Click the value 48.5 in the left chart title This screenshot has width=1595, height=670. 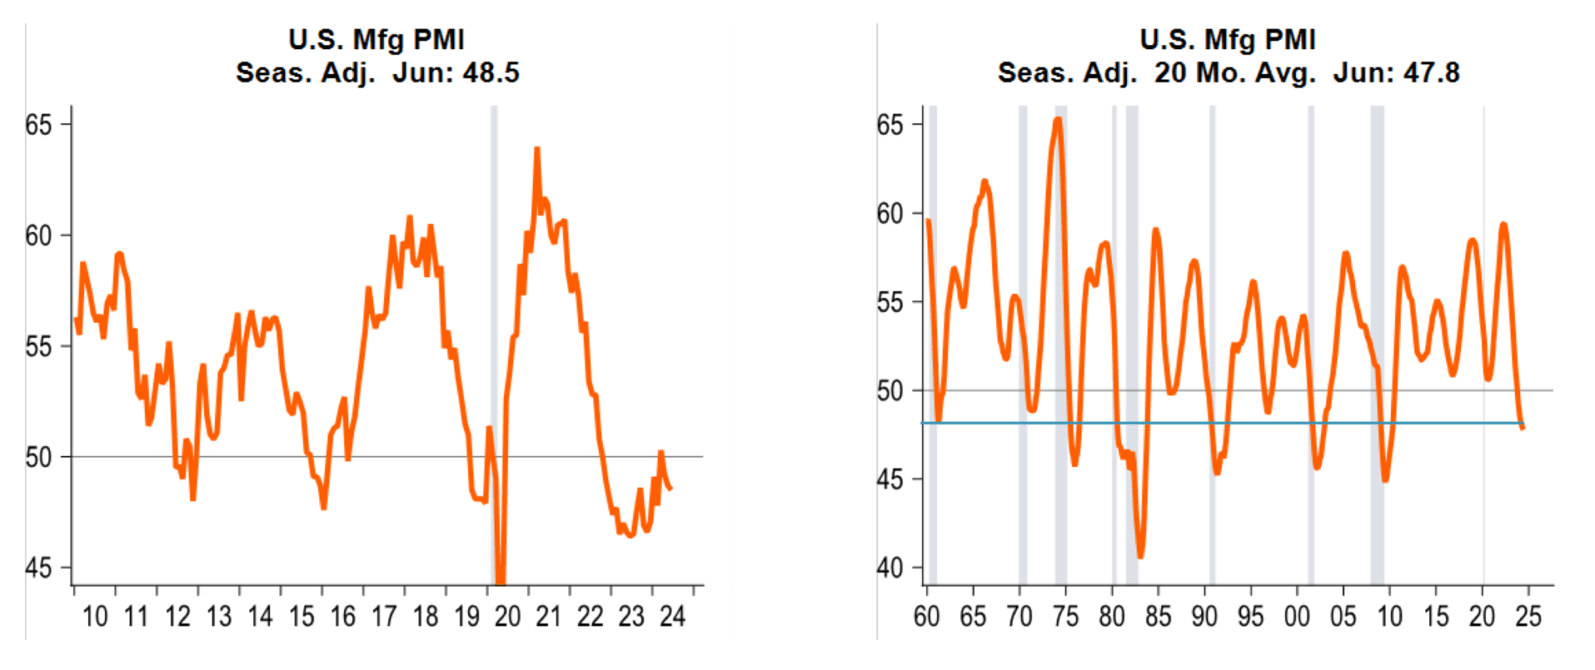pos(491,73)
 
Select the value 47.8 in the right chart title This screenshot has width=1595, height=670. pos(1431,73)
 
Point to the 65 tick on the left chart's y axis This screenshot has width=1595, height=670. pos(38,125)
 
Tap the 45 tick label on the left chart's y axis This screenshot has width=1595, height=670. pos(38,568)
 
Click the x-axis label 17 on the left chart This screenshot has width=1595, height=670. pos(384,617)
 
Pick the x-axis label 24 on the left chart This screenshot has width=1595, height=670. pos(672,617)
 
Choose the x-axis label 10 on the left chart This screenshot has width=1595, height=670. pos(95,617)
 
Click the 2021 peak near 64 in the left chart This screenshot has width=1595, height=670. pos(537,149)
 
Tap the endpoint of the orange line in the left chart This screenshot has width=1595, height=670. pos(671,488)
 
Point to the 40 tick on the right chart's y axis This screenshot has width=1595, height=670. pos(890,568)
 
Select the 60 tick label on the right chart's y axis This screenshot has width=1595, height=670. pos(890,213)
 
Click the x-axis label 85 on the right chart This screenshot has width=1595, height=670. pos(1158,617)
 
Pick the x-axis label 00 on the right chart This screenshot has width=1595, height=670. pos(1297,617)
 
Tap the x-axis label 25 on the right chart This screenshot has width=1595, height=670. pos(1528,617)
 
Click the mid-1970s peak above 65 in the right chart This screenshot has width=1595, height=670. pos(1058,120)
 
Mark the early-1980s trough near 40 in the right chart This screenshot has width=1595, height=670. pos(1141,556)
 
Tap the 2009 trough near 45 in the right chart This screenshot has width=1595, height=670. pos(1386,479)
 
